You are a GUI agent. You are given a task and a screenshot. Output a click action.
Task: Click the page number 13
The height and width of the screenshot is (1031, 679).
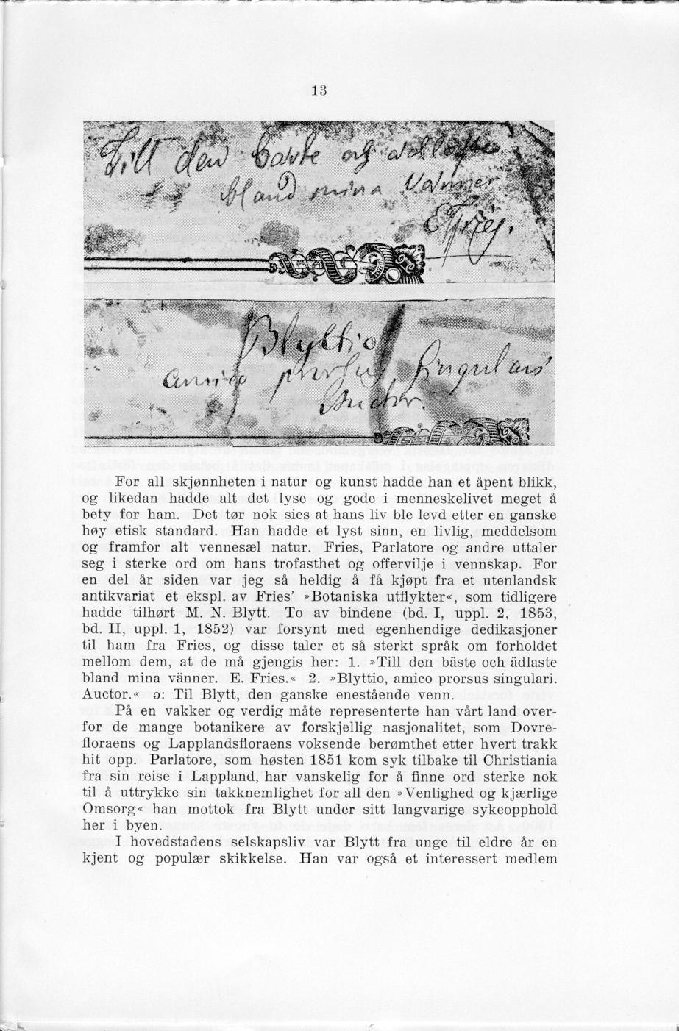click(318, 91)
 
